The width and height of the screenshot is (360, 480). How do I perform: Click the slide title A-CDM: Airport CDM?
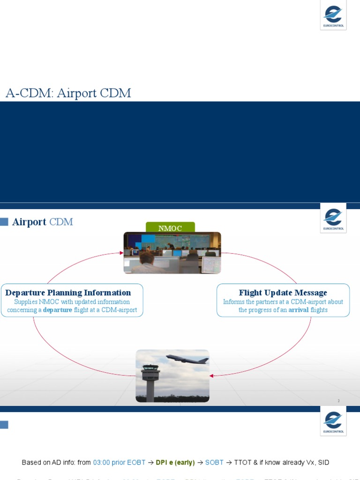(x=68, y=93)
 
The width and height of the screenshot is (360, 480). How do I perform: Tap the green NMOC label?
(x=170, y=228)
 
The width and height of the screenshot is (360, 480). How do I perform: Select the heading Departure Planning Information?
(x=68, y=293)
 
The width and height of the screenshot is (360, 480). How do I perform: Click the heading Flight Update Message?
(x=283, y=293)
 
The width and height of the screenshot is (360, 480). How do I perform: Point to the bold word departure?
(x=58, y=310)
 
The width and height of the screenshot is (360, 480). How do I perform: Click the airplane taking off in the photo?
(x=187, y=360)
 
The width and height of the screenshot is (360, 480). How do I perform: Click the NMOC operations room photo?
(x=172, y=253)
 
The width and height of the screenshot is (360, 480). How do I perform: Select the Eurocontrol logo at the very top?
(x=333, y=15)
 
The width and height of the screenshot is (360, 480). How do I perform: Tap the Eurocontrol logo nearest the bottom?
(x=333, y=421)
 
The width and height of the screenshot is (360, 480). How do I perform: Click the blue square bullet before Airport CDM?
(x=4, y=222)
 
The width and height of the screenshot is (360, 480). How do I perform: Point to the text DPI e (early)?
(x=175, y=463)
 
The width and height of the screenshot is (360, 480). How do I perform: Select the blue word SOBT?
(x=214, y=463)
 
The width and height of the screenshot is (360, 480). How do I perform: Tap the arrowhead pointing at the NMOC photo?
(x=121, y=254)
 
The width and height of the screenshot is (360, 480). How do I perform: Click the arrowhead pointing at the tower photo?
(x=211, y=375)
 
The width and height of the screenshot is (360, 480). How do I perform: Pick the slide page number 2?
(x=338, y=401)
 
